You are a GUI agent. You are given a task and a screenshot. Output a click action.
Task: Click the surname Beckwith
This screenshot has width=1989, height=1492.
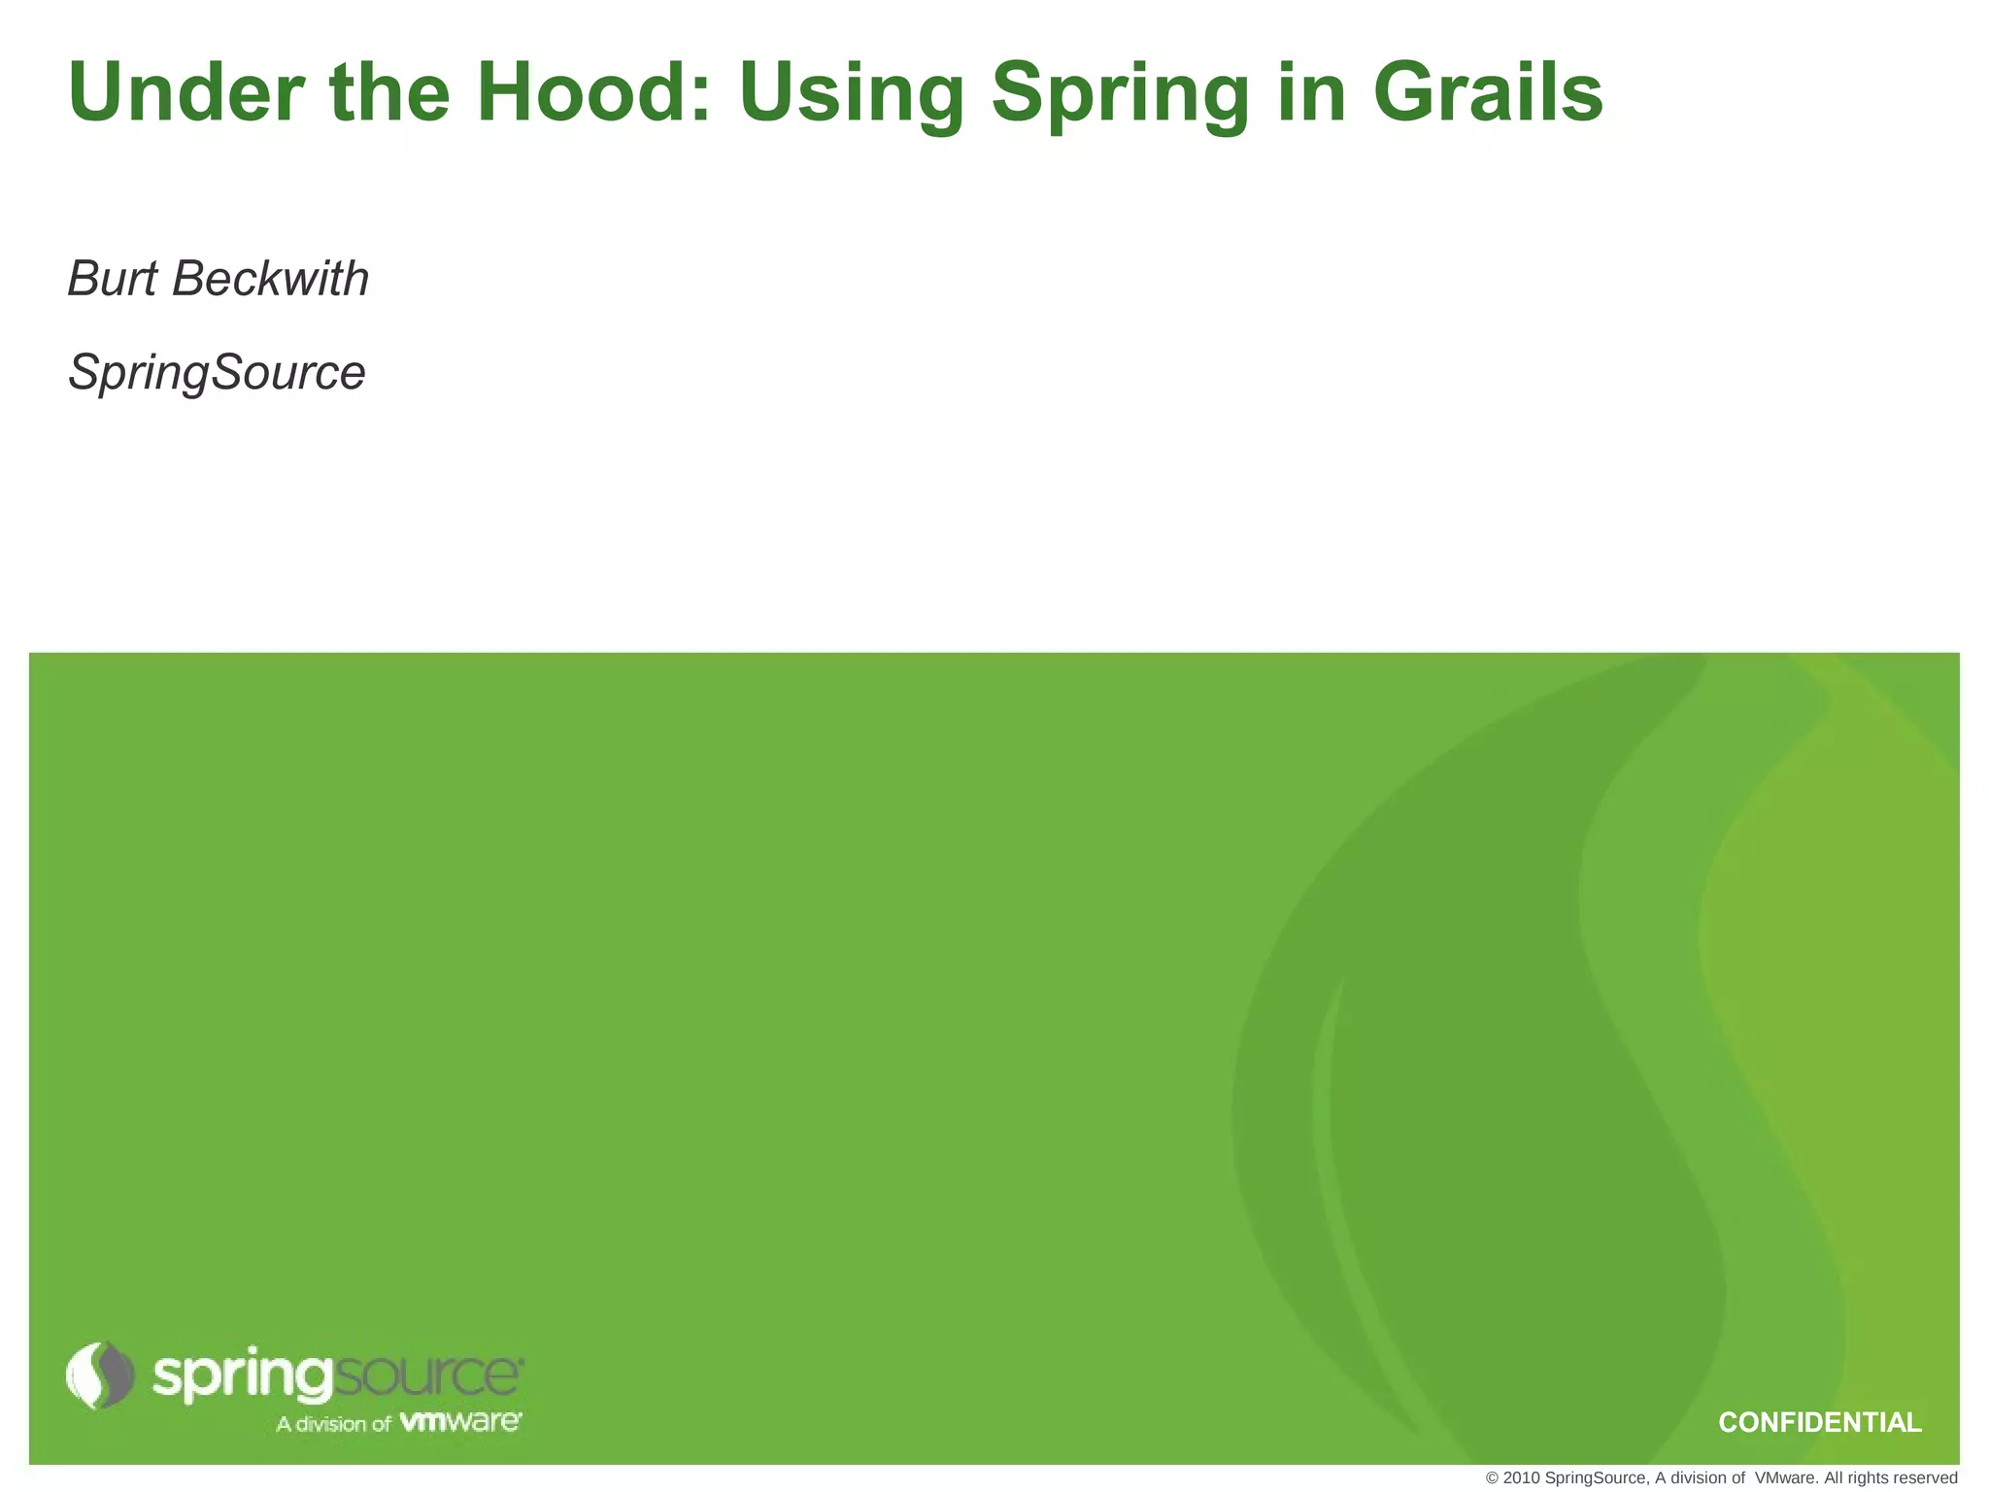click(x=271, y=280)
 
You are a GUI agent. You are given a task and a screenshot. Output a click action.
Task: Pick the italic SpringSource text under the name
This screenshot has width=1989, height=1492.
click(x=217, y=373)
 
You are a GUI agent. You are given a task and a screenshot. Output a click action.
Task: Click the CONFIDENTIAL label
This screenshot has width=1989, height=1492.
click(x=1819, y=1423)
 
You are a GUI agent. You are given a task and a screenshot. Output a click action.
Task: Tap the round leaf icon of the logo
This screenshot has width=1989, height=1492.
click(x=100, y=1375)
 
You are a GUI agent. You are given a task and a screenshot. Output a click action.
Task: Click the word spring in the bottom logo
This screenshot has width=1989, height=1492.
click(x=242, y=1378)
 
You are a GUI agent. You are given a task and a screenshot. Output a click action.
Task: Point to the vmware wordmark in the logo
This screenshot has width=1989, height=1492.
click(x=460, y=1422)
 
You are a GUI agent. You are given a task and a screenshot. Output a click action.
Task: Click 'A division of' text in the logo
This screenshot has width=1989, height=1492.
click(x=333, y=1424)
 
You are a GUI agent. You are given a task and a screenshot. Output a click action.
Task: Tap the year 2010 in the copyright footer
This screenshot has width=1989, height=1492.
click(x=1521, y=1478)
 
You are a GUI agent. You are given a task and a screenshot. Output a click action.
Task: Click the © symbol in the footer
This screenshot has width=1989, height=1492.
click(x=1493, y=1478)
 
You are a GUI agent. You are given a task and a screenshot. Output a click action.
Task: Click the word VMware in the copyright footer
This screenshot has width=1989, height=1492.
click(x=1787, y=1478)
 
